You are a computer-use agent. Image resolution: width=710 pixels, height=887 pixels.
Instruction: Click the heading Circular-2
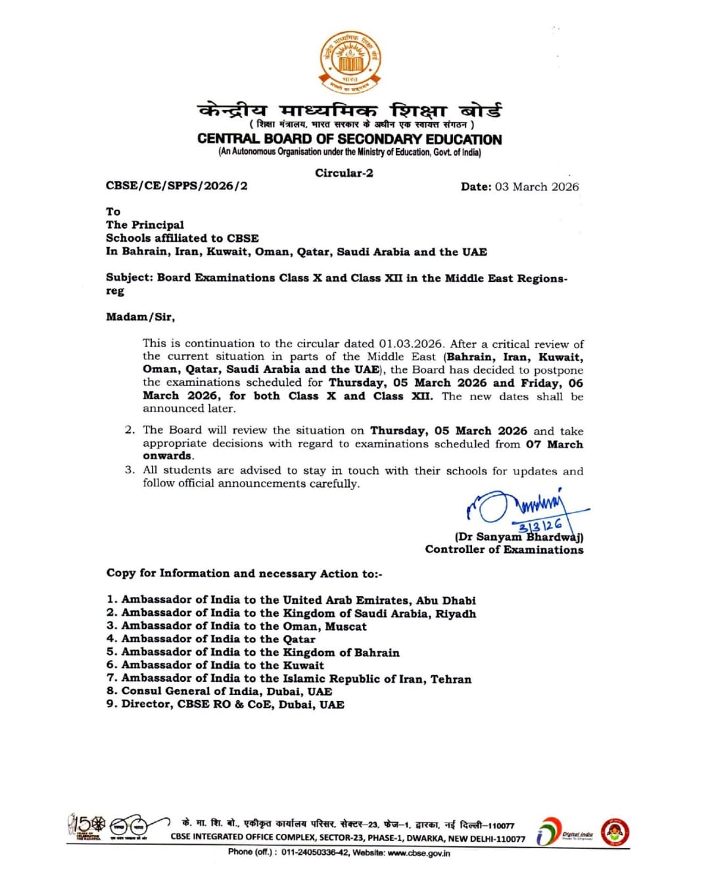coord(344,173)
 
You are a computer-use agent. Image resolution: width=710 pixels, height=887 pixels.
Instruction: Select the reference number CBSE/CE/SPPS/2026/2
coord(177,186)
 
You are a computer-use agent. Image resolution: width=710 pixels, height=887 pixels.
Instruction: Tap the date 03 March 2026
coord(536,187)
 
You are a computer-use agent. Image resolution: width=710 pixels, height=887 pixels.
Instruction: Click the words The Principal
coord(145,225)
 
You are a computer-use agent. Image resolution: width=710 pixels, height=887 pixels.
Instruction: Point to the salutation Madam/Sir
coord(140,317)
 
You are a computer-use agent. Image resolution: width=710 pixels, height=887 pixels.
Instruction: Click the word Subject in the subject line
coord(129,277)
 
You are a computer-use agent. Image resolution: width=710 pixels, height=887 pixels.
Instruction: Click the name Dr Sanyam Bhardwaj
coord(519,537)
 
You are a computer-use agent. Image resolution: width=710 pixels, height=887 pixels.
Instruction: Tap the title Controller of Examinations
coord(504,549)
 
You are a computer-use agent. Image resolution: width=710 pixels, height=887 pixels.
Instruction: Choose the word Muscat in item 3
coord(346,626)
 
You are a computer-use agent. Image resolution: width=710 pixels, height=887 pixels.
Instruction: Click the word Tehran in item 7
coord(451,679)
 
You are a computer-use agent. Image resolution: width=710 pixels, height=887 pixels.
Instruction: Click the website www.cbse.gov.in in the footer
coord(419,852)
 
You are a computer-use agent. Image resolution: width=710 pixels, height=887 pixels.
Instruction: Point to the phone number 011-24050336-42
coord(316,852)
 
